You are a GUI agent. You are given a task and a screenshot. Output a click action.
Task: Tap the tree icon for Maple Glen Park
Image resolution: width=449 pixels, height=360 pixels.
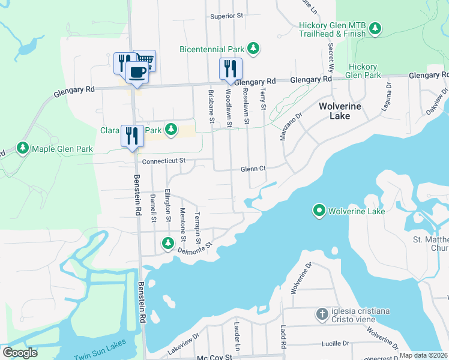[x=23, y=148]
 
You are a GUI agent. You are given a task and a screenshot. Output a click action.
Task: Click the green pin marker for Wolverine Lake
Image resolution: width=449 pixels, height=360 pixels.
[x=319, y=211]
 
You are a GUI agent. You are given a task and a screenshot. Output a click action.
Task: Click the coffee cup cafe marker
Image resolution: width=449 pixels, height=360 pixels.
[x=137, y=72]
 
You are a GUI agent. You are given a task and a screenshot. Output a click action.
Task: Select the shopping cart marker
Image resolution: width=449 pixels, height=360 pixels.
[x=145, y=59]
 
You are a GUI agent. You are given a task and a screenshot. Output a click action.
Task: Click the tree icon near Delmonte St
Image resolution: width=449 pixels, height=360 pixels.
[x=168, y=243]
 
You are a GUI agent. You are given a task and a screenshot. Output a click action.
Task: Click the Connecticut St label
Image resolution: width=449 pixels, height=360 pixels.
[x=164, y=161]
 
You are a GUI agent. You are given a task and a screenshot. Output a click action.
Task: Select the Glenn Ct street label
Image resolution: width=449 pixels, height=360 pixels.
[x=253, y=169]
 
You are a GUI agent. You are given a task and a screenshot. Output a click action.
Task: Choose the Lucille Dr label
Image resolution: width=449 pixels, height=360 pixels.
[x=335, y=343]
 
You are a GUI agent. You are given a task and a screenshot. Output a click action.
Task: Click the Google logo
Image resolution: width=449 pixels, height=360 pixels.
[x=20, y=352]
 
